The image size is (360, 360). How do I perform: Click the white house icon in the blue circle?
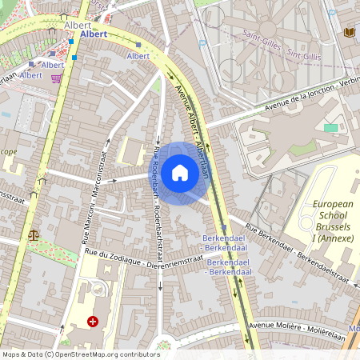[x=180, y=173]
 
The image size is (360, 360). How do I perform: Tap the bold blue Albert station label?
[x=94, y=35]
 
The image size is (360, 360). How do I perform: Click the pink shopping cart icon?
[x=56, y=78]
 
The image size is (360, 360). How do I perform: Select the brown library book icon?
[x=348, y=32]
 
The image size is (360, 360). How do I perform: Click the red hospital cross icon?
[x=93, y=322]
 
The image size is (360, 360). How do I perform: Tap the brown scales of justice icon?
[x=33, y=236]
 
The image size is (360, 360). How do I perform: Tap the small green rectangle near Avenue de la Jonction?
[x=330, y=127]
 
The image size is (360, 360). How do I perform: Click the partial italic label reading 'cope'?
[x=8, y=150]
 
